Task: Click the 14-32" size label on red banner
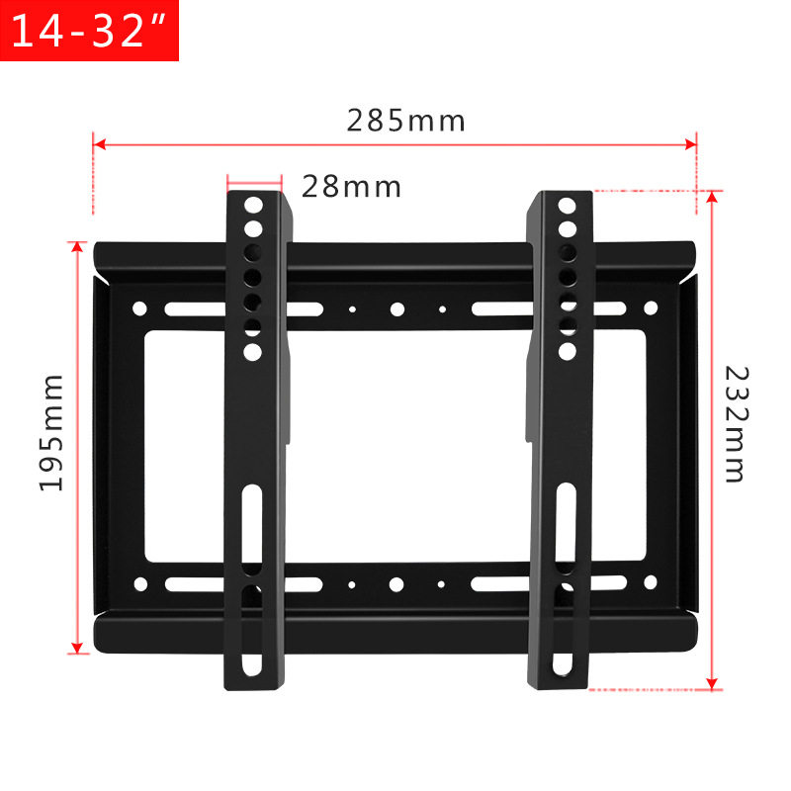tap(89, 31)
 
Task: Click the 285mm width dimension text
tap(406, 121)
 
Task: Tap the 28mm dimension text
tap(352, 187)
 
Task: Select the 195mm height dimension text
tap(51, 433)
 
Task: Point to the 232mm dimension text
tap(737, 424)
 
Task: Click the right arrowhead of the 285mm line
tap(690, 144)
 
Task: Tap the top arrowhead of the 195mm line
tap(77, 246)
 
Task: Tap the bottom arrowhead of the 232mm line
tap(712, 683)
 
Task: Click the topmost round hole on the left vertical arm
tap(253, 206)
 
